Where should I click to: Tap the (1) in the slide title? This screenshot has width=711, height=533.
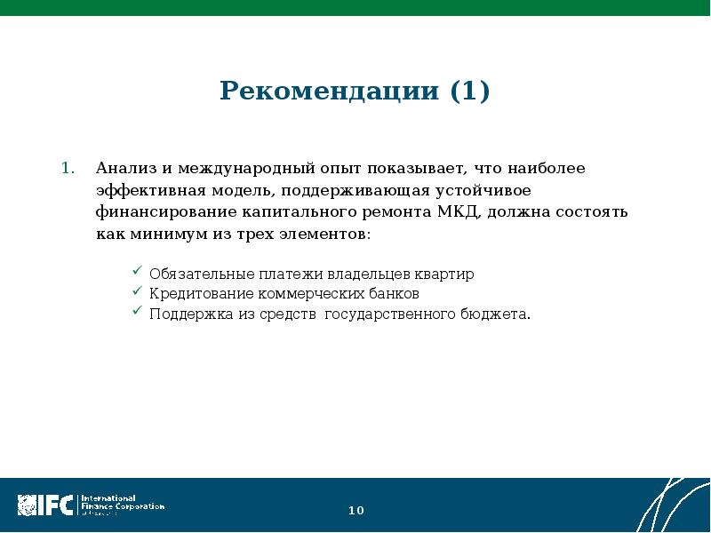(x=469, y=91)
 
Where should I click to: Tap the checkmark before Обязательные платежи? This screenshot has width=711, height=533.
(x=137, y=272)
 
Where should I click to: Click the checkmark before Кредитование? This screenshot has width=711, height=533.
(x=137, y=292)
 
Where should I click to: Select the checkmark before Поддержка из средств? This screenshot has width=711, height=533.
(x=137, y=313)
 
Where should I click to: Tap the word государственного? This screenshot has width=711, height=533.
(x=394, y=314)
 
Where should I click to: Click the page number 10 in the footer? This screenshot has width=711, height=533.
(x=355, y=511)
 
